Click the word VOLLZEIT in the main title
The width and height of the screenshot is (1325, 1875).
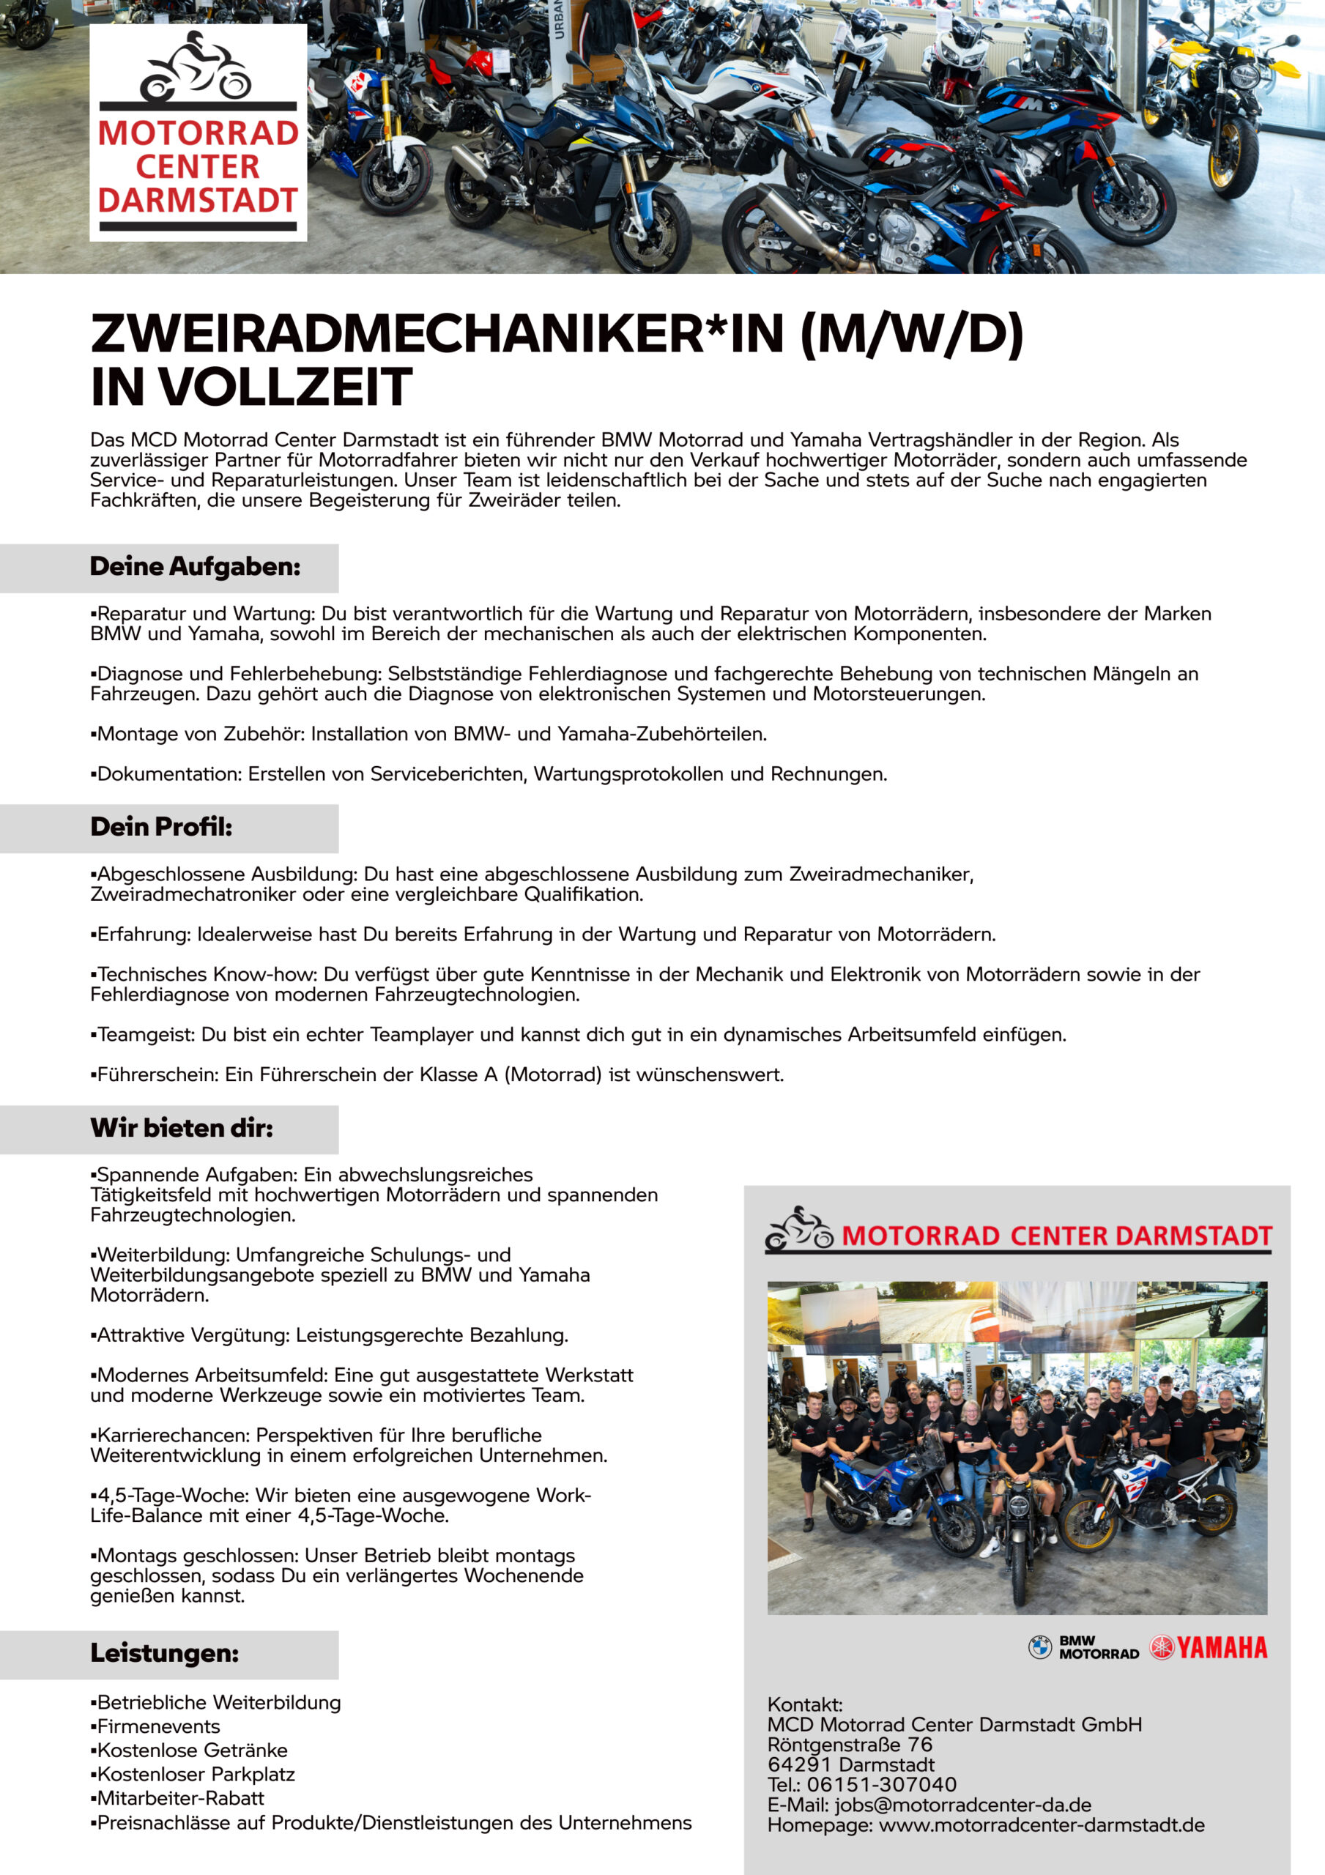point(286,387)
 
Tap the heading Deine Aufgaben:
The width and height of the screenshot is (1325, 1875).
point(196,567)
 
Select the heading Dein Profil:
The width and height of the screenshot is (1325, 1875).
point(161,827)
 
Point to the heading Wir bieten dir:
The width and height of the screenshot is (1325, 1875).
point(182,1129)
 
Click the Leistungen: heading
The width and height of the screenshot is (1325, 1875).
point(164,1654)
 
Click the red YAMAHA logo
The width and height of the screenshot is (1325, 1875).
point(1210,1648)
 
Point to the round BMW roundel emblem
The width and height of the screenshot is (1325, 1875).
point(1039,1648)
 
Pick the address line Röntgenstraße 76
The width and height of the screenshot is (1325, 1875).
point(850,1745)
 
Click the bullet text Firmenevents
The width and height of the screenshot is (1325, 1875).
point(158,1727)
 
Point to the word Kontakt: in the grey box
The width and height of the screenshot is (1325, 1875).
point(805,1705)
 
